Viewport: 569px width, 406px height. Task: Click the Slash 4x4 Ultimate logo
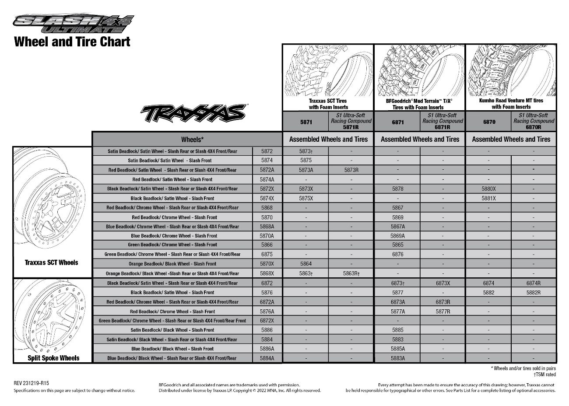coord(74,24)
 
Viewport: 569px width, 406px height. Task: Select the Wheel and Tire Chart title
coord(72,42)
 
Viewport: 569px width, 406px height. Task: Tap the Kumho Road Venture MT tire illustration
coord(511,71)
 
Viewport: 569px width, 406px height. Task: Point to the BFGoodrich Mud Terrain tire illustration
coord(419,71)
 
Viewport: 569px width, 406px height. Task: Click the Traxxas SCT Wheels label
coord(52,262)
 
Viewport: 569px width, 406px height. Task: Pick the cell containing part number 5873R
coord(351,170)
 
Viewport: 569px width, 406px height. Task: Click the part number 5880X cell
coord(488,189)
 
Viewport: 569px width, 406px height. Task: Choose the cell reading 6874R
coord(534,283)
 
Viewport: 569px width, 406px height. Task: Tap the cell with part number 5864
coord(306,264)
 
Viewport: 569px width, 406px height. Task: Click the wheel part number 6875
coord(267,254)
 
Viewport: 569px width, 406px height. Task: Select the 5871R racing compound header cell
coord(351,122)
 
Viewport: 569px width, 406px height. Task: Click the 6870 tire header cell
coord(489,122)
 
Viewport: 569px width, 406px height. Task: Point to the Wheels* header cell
coord(192,140)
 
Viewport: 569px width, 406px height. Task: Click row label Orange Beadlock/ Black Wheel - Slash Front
coord(172,264)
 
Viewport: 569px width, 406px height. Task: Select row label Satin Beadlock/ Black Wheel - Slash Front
coord(172,330)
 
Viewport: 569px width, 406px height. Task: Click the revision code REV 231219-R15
coord(32,383)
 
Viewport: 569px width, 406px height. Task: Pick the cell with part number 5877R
coord(443,311)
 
